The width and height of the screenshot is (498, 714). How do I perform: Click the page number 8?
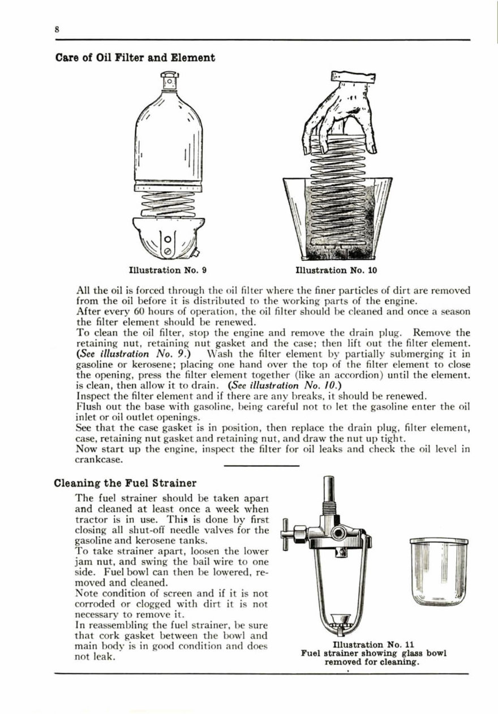(57, 32)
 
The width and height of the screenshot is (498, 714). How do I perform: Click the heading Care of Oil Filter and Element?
(135, 58)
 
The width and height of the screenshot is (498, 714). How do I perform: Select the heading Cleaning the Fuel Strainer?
(125, 483)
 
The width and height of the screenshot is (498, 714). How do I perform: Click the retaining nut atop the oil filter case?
(169, 81)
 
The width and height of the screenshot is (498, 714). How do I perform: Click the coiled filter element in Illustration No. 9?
(169, 204)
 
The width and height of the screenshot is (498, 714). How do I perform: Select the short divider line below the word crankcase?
(261, 466)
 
